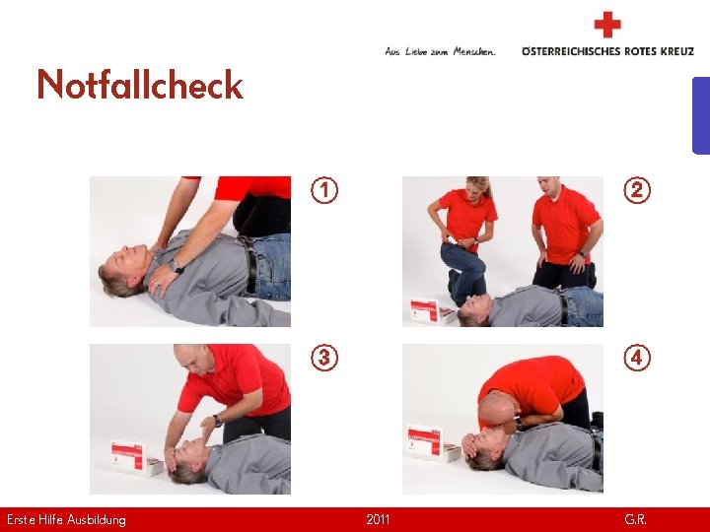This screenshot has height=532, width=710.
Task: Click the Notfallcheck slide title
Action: tap(140, 84)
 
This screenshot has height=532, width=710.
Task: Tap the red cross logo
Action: tap(607, 25)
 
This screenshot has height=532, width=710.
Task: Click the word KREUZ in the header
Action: tap(676, 51)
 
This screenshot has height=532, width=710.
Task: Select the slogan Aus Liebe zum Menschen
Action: tap(440, 51)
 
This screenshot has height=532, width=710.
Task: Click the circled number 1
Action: tap(324, 190)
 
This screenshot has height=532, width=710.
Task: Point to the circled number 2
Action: tap(637, 190)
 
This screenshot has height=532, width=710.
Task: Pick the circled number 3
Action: tap(324, 358)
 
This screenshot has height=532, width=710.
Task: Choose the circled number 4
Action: tap(637, 358)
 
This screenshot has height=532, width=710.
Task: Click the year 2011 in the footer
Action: tap(378, 519)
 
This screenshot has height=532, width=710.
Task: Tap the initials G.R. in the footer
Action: tap(635, 519)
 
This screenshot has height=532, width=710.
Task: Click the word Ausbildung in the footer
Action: tap(96, 520)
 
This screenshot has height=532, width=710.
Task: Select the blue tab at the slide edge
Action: tap(701, 116)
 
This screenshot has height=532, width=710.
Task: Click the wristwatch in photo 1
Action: tap(176, 266)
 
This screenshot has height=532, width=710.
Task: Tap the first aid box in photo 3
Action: tap(136, 458)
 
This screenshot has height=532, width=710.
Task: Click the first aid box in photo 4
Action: tap(432, 443)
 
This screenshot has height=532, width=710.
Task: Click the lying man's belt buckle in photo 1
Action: tap(249, 244)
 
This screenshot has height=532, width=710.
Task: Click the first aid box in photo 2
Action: tap(432, 310)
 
